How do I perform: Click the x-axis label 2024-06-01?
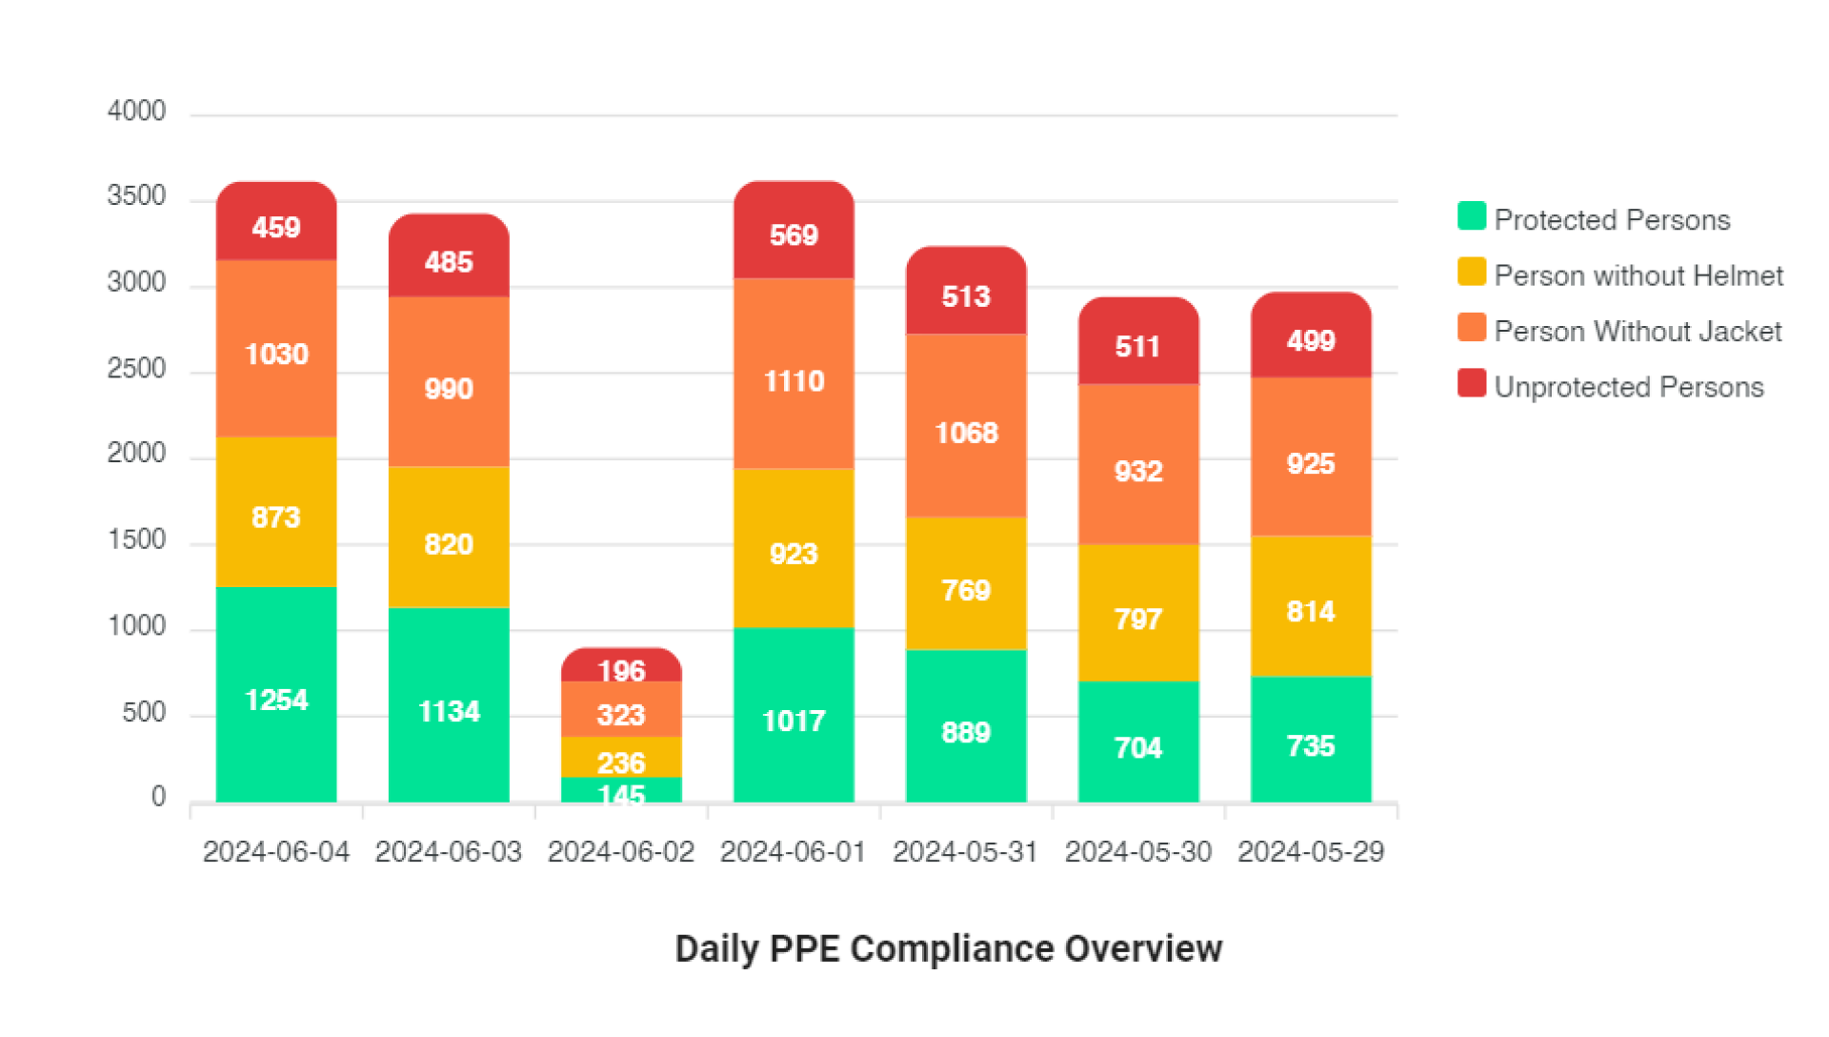point(793,851)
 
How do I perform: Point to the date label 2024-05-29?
point(1310,851)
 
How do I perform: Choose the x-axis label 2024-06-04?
point(276,851)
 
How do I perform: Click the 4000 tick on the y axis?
point(136,112)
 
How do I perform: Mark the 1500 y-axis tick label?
point(136,540)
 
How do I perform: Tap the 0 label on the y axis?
point(158,797)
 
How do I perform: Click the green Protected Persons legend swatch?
point(1472,216)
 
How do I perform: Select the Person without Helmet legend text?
point(1638,275)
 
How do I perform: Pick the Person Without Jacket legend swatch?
point(1472,328)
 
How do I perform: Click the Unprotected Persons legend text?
point(1629,387)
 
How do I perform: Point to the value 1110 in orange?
point(794,381)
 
